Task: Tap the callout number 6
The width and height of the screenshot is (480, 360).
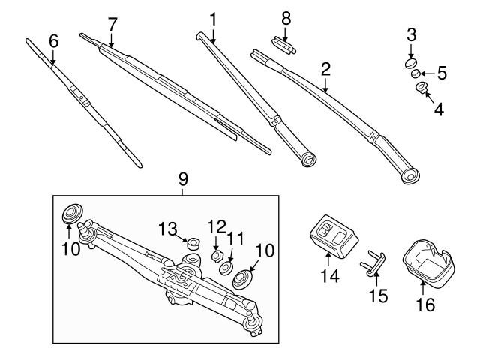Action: [52, 42]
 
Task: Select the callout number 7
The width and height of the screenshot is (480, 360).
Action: [112, 24]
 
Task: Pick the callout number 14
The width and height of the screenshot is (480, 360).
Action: [330, 276]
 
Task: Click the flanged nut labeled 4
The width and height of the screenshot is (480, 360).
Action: [421, 90]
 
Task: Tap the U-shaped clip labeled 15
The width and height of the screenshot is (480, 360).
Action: [373, 262]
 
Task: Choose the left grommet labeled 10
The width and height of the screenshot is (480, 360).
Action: [72, 214]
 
